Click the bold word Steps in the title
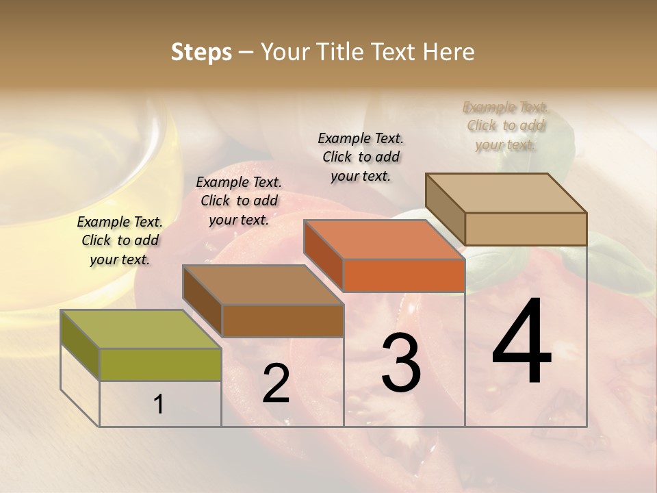pyautogui.click(x=201, y=52)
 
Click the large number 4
pyautogui.click(x=522, y=342)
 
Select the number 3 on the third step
pyautogui.click(x=401, y=363)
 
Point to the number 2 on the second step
pyautogui.click(x=276, y=383)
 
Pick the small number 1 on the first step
pyautogui.click(x=159, y=405)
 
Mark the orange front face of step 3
pyautogui.click(x=404, y=276)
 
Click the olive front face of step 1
pyautogui.click(x=160, y=364)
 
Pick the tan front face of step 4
pyautogui.click(x=526, y=229)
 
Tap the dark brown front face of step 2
pyautogui.click(x=282, y=320)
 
